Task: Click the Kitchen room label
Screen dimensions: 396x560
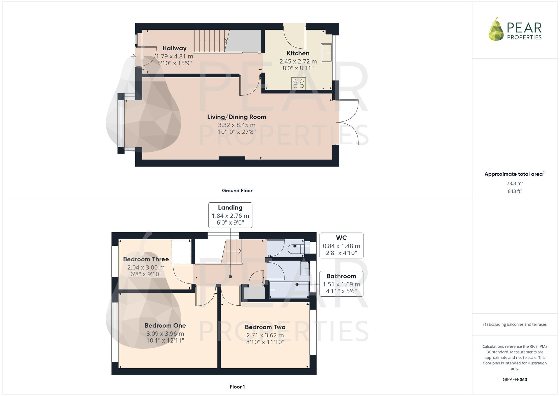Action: pos(298,53)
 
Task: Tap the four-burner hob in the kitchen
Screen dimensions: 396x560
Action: pos(298,84)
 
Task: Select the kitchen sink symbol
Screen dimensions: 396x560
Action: pos(326,53)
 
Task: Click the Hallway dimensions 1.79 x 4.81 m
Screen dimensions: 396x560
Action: pos(174,56)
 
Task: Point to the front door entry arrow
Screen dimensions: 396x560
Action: pos(133,57)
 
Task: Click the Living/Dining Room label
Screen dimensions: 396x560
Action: pos(237,117)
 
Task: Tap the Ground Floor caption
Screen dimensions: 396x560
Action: pos(237,191)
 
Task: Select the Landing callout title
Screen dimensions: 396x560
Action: pos(230,208)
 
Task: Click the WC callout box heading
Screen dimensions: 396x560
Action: pos(341,238)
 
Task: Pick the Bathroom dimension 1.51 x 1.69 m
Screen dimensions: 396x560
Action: pos(341,284)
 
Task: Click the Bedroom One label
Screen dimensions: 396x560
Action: pos(165,325)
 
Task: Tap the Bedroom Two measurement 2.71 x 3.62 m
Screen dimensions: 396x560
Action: pos(265,335)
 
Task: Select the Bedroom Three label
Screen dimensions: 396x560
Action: pos(146,259)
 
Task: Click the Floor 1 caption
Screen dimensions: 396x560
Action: pos(237,387)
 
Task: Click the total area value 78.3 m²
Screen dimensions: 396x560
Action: pos(515,183)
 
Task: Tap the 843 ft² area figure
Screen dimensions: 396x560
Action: pos(515,191)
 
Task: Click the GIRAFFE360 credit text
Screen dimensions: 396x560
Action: pos(515,379)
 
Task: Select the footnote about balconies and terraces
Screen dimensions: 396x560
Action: pos(515,324)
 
